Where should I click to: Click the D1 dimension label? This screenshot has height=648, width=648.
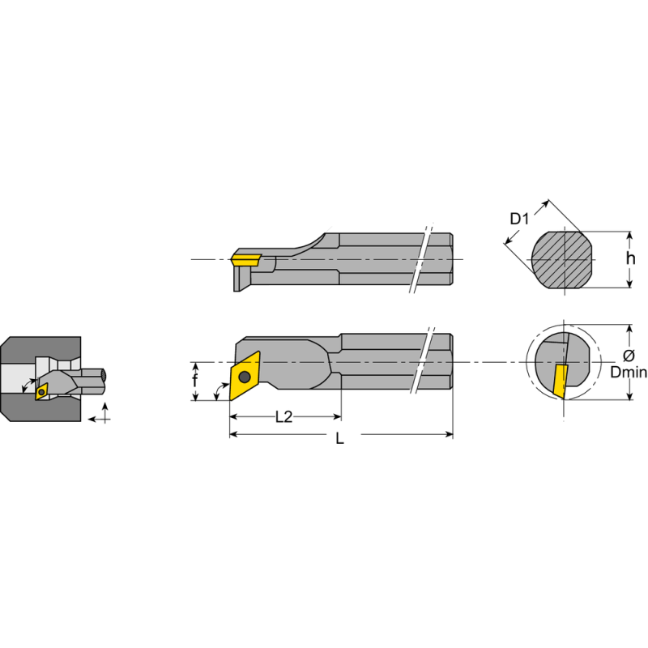[518, 218]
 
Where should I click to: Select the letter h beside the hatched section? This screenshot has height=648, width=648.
[631, 258]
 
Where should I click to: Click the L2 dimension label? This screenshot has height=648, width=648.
[283, 417]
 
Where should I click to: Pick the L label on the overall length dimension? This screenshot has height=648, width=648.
[340, 438]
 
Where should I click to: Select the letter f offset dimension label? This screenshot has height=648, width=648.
[194, 381]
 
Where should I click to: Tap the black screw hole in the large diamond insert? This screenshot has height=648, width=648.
[243, 376]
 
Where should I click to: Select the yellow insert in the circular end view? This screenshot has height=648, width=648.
[560, 381]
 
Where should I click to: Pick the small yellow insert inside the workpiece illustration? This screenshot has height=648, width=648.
[41, 390]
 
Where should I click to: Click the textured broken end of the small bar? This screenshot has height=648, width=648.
[104, 374]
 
